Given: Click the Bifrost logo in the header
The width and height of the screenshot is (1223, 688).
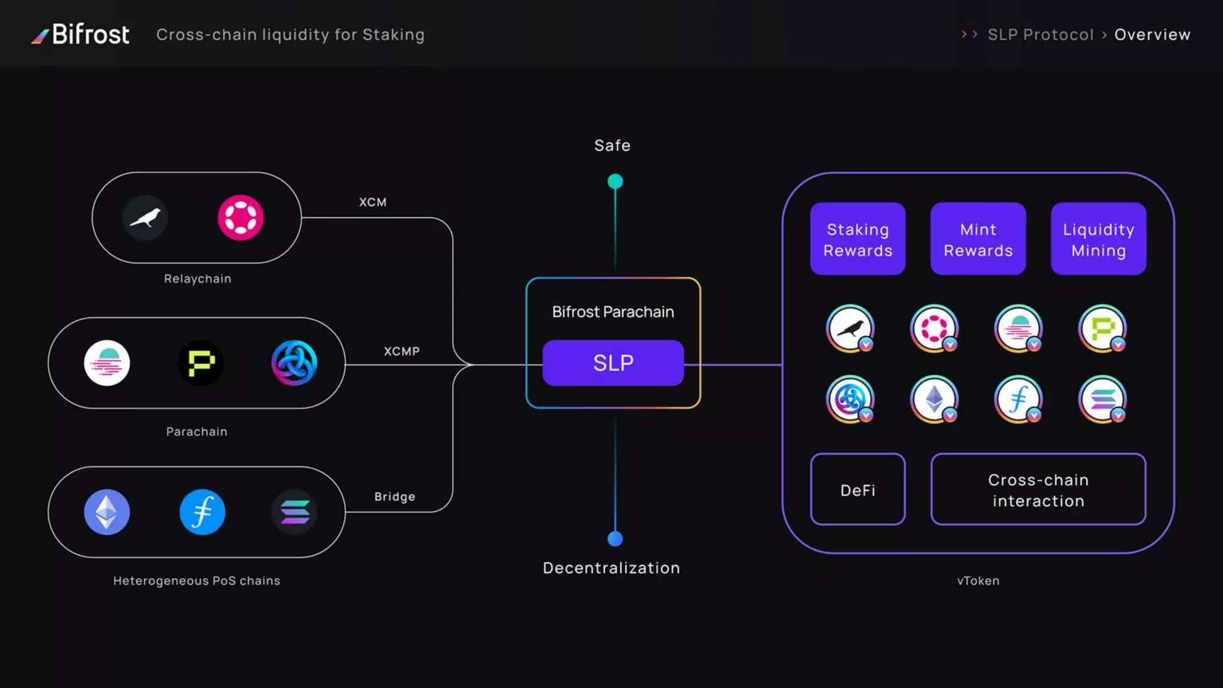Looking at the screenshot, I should coord(81,35).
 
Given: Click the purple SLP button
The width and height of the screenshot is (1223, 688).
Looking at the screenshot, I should coord(613,363).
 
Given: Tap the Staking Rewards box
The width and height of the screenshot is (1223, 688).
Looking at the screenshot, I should coord(858,239).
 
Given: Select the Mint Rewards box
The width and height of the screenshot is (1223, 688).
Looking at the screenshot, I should coord(978,239).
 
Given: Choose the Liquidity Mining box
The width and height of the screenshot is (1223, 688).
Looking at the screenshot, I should coord(1098,239).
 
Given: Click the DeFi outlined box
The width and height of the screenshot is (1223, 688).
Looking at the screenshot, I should coord(858,490).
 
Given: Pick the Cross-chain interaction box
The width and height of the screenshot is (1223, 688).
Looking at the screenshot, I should coord(1038,490).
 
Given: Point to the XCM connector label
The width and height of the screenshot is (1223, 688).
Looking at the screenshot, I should coord(373,202).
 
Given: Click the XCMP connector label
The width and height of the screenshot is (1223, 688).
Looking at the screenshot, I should coord(401,351).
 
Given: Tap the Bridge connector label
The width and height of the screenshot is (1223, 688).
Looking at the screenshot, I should coord(394,496).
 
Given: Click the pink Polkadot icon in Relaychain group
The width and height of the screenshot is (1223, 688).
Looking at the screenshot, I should coord(240,217).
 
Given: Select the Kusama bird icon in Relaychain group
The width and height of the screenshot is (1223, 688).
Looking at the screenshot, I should coord(145,217).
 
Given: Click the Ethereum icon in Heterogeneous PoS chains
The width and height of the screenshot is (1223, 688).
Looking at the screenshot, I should coord(107,512).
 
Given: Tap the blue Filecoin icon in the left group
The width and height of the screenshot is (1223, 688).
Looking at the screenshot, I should coord(202,512).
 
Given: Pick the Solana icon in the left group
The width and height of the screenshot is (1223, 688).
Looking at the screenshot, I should coord(294,512).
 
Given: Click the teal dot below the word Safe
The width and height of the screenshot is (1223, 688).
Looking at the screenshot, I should coord(615,181).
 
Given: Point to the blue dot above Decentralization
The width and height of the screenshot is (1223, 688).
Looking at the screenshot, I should coord(615,539).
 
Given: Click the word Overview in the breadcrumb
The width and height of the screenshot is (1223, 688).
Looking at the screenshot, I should coord(1152,35).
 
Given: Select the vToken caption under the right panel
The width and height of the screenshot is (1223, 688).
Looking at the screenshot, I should coord(978,580).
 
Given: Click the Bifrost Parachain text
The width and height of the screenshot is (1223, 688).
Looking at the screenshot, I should coord(613,312).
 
